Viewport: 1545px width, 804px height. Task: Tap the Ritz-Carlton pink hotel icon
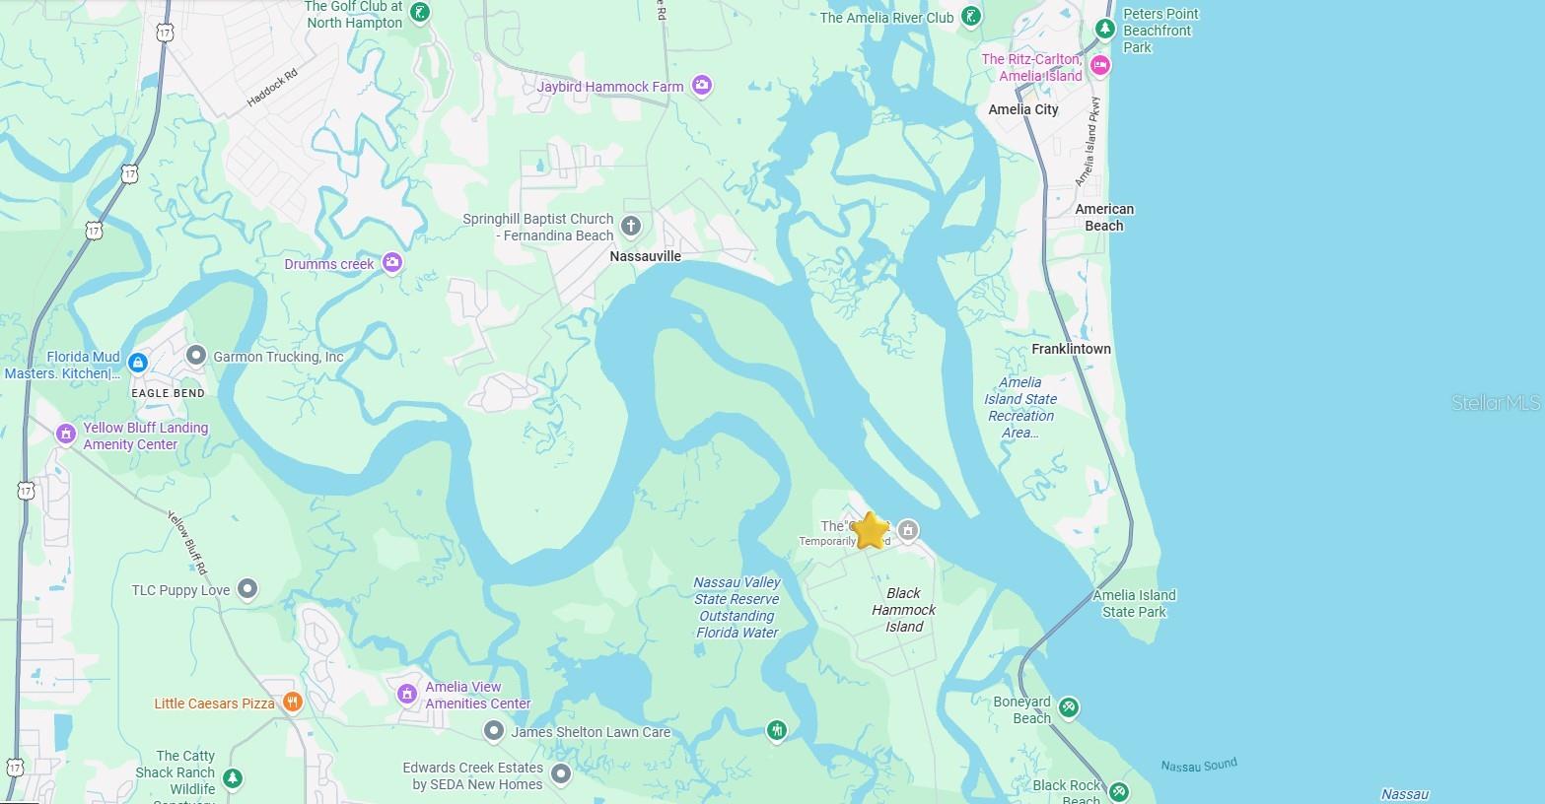pos(1100,66)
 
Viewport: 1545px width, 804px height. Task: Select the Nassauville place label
pos(645,256)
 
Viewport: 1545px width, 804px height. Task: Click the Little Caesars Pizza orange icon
pos(292,703)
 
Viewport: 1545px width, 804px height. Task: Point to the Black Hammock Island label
pos(903,610)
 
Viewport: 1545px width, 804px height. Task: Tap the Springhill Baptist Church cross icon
pos(631,228)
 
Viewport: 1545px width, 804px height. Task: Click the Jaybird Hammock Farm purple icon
pos(701,87)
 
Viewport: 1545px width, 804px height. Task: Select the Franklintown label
pos(1071,349)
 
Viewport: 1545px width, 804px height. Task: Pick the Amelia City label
pos(1022,109)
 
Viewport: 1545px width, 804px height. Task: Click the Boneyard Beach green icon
pos(1068,707)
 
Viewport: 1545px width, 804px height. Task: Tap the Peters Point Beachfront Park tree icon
pos(1105,29)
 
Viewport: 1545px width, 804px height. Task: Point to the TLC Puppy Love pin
pos(247,589)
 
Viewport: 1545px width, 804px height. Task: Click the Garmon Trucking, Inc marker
pos(196,356)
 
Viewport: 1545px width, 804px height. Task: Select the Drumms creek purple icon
pos(392,262)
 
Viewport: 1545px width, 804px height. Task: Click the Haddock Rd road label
pos(271,88)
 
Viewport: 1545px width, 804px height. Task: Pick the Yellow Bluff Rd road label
pos(187,543)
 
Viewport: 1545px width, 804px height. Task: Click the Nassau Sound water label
pos(1198,765)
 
